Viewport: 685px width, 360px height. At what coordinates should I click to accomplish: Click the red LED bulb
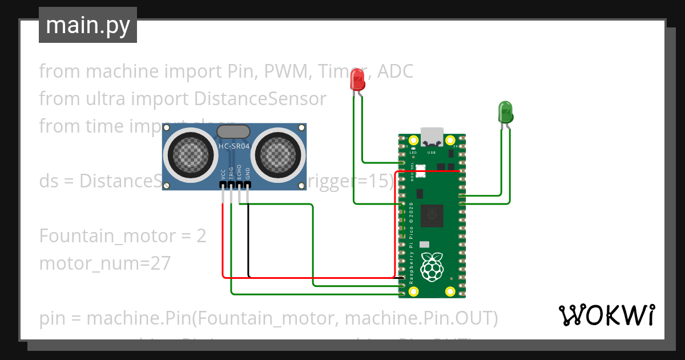tap(357, 80)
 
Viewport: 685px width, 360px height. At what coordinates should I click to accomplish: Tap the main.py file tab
tap(88, 25)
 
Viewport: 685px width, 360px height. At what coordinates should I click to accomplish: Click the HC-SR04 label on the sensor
tap(234, 147)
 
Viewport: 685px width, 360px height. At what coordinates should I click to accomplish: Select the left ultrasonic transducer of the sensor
tap(188, 153)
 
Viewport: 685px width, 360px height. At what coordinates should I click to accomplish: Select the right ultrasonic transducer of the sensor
tap(279, 153)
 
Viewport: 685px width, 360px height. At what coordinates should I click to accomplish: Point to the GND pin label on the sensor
tap(248, 173)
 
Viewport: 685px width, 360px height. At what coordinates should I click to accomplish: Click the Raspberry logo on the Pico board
tap(432, 266)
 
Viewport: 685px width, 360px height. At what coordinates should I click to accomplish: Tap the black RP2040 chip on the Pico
tap(432, 215)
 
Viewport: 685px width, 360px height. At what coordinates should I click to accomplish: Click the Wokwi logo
tap(606, 315)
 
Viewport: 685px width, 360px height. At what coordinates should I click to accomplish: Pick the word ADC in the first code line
tap(396, 71)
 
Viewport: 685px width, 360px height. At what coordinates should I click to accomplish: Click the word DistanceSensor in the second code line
tap(260, 99)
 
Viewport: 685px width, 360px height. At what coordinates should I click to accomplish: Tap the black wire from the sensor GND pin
tap(248, 240)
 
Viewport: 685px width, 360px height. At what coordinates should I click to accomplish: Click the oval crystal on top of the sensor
tap(233, 131)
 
